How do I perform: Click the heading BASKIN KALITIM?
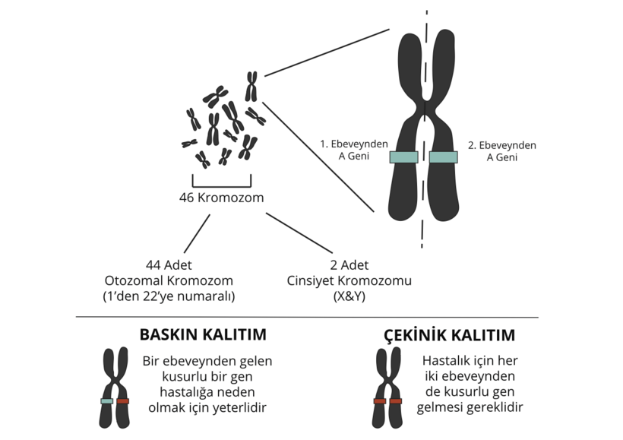pos(203,335)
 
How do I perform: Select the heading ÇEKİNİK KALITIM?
pos(450,335)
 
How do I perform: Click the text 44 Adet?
pos(169,265)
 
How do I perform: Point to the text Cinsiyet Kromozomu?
pos(349,280)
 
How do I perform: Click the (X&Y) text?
pos(349,296)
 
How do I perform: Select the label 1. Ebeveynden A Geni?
pos(354,150)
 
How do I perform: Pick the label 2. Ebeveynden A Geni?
pos(501,150)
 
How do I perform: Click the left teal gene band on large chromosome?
pos(403,157)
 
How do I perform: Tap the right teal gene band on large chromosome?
pos(443,157)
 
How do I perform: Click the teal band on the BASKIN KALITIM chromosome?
pos(107,400)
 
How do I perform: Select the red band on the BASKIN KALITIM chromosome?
pos(123,400)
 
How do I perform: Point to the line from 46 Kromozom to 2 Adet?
pos(299,233)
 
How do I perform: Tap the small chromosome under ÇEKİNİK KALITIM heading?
pos(387,388)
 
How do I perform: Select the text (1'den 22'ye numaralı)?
pos(169,296)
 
